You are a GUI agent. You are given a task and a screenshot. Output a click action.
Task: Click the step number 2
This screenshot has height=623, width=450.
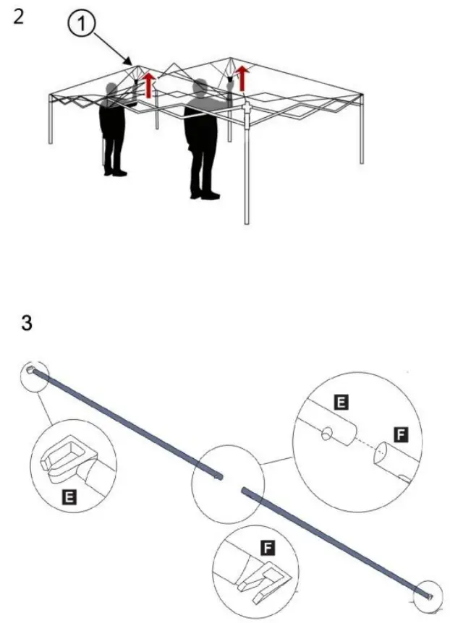click(x=19, y=16)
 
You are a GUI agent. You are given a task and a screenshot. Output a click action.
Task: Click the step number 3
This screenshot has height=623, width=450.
click(x=27, y=323)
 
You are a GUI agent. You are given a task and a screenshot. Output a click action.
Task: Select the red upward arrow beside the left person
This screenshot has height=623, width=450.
click(x=149, y=85)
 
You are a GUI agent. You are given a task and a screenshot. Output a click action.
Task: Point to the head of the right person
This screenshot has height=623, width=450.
click(x=200, y=89)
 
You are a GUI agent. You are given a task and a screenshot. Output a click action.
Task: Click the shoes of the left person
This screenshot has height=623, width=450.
click(x=114, y=171)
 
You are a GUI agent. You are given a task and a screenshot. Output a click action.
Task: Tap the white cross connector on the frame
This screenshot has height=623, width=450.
click(x=246, y=108)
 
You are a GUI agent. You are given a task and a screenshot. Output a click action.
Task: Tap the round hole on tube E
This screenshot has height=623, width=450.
click(x=327, y=435)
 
